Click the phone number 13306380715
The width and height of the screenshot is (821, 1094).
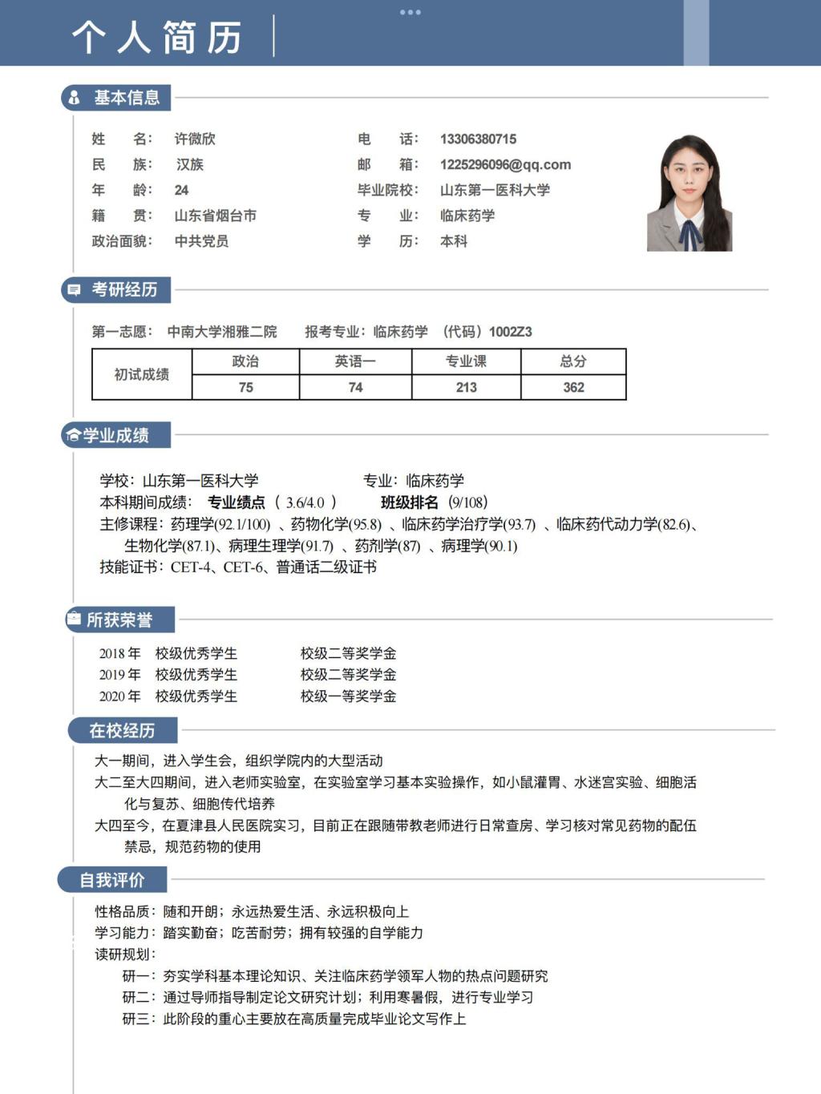(x=478, y=139)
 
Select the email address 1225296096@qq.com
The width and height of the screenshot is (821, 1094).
(x=505, y=164)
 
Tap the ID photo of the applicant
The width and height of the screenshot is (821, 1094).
(x=690, y=193)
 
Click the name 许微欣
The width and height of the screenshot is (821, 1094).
(x=195, y=139)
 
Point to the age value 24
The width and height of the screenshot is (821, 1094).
(x=181, y=190)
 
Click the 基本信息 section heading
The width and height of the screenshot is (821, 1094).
(x=126, y=98)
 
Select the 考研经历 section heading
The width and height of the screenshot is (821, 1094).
(x=124, y=289)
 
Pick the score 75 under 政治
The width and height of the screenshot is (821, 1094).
(x=245, y=387)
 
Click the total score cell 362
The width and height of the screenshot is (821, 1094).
(x=573, y=387)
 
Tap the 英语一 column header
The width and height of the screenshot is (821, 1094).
(x=355, y=361)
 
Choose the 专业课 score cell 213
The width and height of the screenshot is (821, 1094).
(x=466, y=387)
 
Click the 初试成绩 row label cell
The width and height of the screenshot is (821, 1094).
(x=142, y=374)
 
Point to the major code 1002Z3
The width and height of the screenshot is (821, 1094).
(x=511, y=332)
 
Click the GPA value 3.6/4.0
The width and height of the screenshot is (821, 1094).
(x=305, y=503)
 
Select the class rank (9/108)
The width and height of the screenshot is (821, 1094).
(x=467, y=503)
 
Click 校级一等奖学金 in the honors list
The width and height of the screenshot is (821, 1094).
(x=348, y=696)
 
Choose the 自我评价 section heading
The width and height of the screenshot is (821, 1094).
(x=112, y=880)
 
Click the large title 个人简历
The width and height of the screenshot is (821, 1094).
(x=157, y=37)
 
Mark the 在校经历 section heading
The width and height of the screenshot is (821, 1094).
(x=122, y=730)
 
